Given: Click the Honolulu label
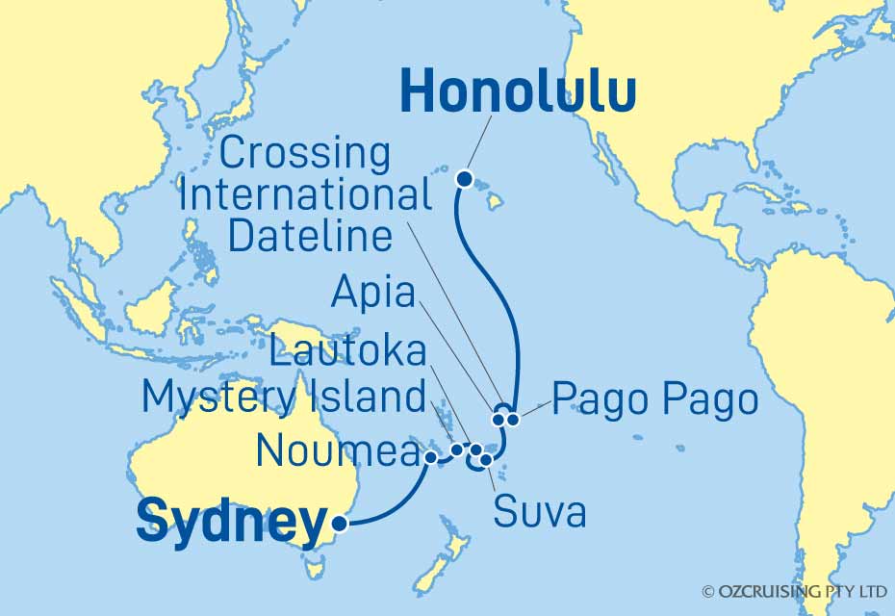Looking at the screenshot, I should point(518,93).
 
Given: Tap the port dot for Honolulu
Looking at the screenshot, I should point(464,178).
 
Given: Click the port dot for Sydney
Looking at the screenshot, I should point(339,524).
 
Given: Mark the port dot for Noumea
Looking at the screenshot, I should point(430,457).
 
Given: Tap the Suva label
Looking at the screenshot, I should point(540,512).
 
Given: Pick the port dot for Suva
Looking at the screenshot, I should point(487,460).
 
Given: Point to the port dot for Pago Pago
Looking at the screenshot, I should point(514,419).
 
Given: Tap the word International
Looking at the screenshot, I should point(305,195).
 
